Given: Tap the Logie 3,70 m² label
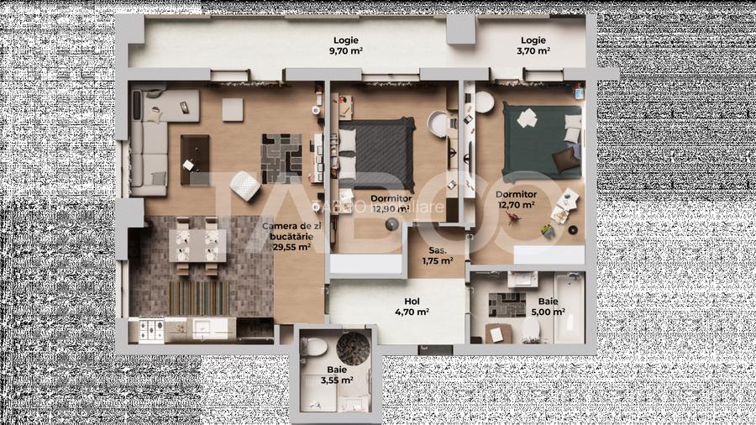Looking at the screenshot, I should [533, 45].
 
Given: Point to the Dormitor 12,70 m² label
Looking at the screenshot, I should [517, 199].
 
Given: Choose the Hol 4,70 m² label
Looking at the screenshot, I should [412, 306].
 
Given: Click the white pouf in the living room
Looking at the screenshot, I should [243, 184].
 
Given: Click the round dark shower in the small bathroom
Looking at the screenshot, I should [352, 346].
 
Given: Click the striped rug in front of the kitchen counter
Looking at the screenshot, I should [198, 295].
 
